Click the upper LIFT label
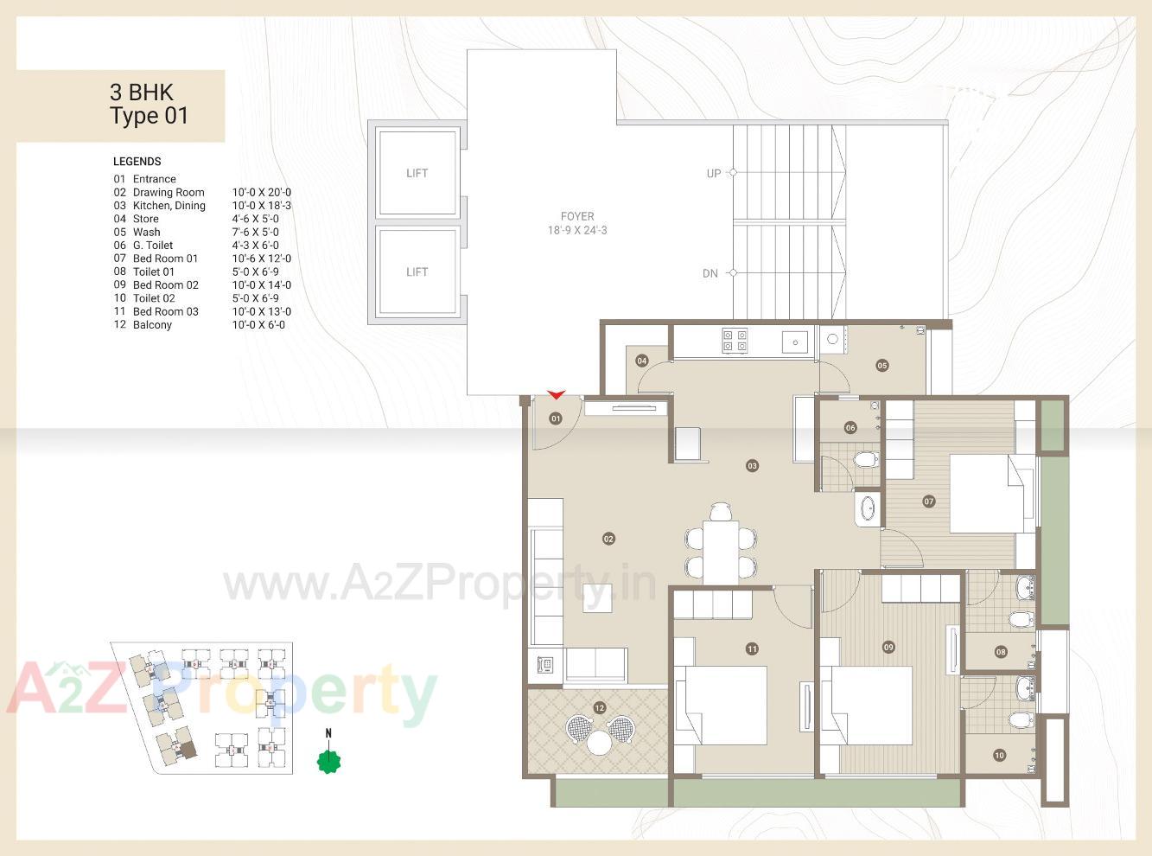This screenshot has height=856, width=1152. (x=417, y=173)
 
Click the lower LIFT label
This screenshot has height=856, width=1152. (x=417, y=271)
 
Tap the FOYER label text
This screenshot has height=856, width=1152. (x=576, y=217)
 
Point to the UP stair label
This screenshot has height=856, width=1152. (x=713, y=173)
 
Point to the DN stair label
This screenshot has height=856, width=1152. (x=710, y=273)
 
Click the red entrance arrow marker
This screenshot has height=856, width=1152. (x=556, y=395)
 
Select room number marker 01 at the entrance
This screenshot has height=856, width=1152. (x=556, y=418)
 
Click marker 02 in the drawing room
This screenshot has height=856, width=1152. (x=608, y=539)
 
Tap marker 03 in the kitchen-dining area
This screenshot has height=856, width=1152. (x=752, y=465)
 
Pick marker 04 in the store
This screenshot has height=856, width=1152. (x=642, y=361)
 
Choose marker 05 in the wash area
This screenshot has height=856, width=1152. (x=882, y=365)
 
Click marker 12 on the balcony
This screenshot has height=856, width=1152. (x=599, y=707)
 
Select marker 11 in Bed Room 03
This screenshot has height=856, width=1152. (x=752, y=648)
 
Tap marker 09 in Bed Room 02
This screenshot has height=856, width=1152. (x=888, y=647)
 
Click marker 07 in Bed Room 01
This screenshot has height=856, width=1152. (x=929, y=501)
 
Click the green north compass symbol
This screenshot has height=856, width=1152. (x=328, y=761)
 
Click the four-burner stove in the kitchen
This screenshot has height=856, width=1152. (x=735, y=341)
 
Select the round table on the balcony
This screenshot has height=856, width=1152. (x=599, y=741)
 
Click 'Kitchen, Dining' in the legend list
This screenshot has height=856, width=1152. (x=169, y=206)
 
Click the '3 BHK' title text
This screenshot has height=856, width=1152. (x=142, y=93)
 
